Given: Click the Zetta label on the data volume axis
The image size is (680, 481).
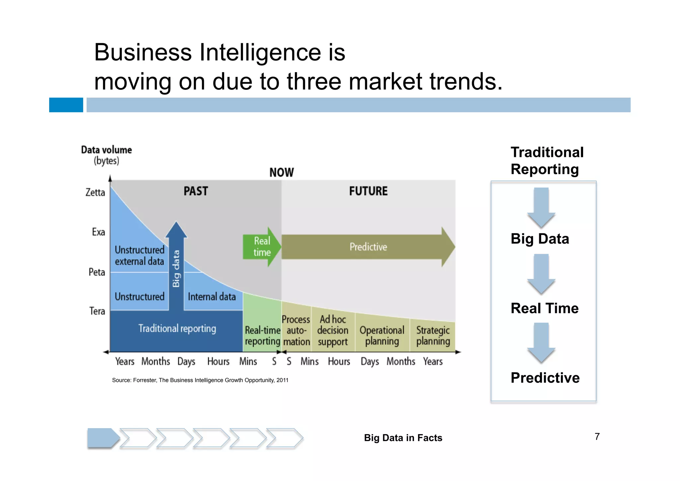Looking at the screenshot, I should (x=95, y=192).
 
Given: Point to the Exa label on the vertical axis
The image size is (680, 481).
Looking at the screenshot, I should (x=99, y=232).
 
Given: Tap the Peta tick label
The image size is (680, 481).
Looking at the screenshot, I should (x=97, y=272).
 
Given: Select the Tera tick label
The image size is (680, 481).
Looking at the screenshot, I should (x=97, y=311).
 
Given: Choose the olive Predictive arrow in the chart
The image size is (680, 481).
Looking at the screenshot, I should (x=368, y=247).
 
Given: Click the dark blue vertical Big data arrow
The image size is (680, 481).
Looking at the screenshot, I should (x=176, y=266).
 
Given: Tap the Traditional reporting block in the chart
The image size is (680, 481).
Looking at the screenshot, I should (x=177, y=329).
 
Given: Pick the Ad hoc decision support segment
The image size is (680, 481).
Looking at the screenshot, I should (x=333, y=330).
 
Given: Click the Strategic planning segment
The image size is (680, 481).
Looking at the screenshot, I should (x=433, y=335).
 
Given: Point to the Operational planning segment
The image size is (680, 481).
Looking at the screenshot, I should (x=382, y=335).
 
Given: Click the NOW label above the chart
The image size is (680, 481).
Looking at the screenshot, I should (x=282, y=173).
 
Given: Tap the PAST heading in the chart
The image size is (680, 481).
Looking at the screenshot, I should (x=196, y=191).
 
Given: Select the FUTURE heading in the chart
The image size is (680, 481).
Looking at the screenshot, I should (x=368, y=191).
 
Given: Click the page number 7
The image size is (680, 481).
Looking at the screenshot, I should (x=597, y=437).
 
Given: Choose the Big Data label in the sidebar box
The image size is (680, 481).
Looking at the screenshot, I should (x=540, y=239).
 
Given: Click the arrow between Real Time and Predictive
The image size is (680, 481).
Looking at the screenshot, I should (x=541, y=342).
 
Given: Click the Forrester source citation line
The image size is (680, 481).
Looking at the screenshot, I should (x=200, y=380).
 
